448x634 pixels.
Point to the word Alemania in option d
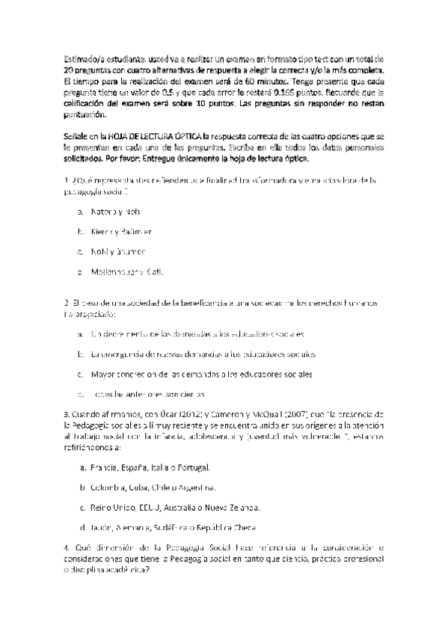pyautogui.click(x=134, y=526)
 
